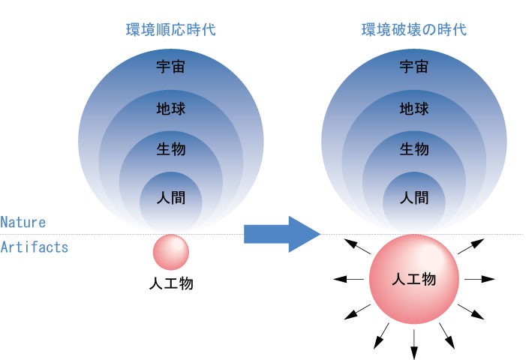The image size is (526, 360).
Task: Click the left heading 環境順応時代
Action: pos(171,31)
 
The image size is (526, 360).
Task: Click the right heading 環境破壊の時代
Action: pos(413,31)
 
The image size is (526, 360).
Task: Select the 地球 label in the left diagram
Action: pos(171,109)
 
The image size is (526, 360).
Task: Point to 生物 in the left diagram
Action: pos(171,149)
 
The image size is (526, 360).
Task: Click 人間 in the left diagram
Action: pos(171,199)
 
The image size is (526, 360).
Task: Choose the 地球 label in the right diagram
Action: pos(413,109)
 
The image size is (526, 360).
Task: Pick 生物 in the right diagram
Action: pos(413,149)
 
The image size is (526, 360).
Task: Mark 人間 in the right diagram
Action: pos(413,199)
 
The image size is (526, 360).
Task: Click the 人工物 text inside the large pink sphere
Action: pos(413,280)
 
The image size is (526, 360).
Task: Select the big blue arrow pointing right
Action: pos(281,235)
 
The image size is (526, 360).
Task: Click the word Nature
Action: pos(23,223)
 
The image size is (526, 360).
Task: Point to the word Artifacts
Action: pos(35,247)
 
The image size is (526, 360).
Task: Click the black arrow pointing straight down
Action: pos(414,341)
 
